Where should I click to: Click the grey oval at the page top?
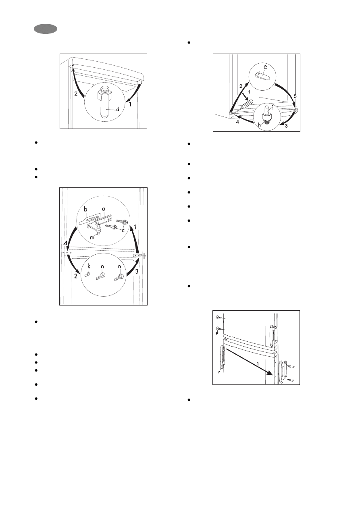pos(46,29)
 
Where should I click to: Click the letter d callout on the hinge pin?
pos(118,109)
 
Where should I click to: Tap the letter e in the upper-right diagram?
pos(265,67)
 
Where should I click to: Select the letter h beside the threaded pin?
pos(260,125)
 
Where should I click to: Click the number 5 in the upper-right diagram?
pos(295,96)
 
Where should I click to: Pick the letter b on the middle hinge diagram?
pos(86,209)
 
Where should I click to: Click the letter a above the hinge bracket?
pos(104,209)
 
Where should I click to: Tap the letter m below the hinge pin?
pos(92,237)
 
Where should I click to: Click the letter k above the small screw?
pos(89,266)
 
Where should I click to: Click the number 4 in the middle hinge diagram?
pos(65,243)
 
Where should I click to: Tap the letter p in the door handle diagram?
pos(217,333)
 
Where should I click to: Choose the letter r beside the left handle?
pos(219,372)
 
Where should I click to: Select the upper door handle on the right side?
pos(273,334)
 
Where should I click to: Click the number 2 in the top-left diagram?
pos(76,93)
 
